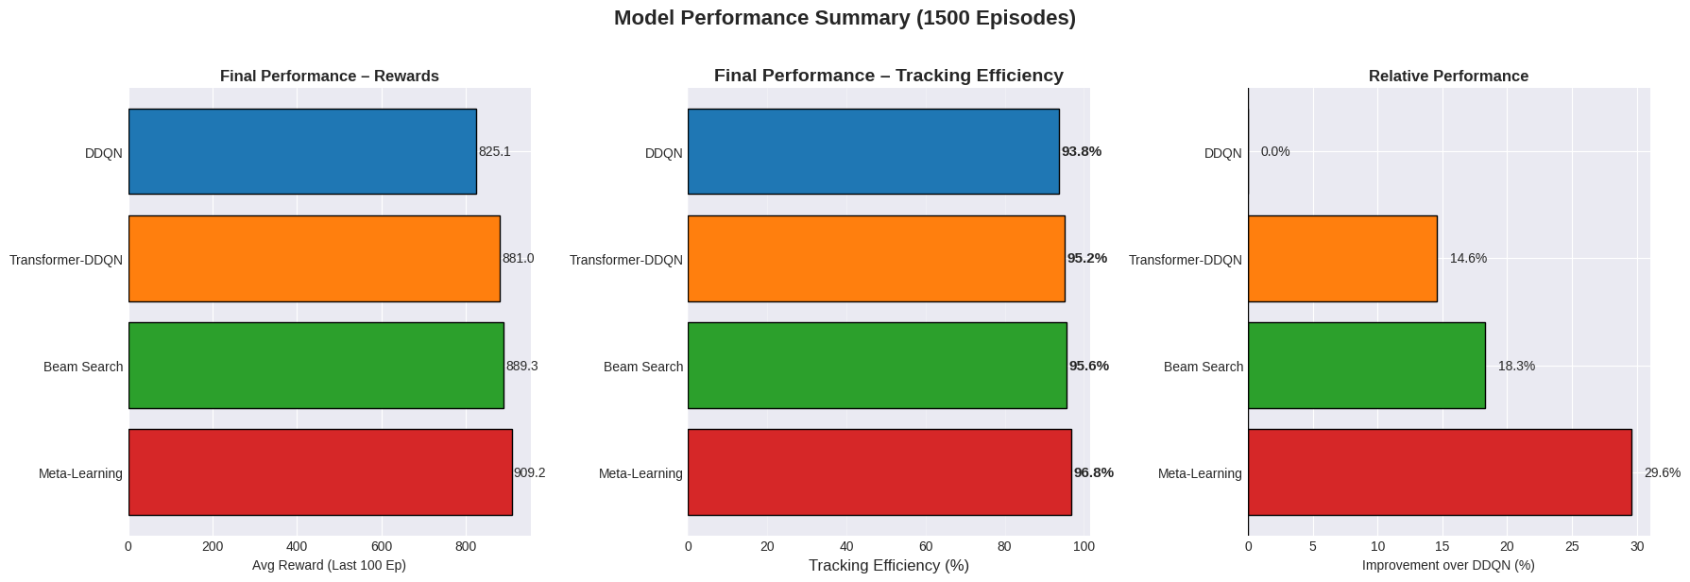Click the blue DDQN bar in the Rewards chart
(x=302, y=151)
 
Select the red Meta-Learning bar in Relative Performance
(x=1439, y=472)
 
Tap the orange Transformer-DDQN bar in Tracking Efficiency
(x=876, y=259)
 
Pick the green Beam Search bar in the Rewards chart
(x=316, y=366)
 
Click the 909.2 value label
(x=529, y=472)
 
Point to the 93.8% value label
(x=1081, y=151)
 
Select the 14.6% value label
(x=1468, y=259)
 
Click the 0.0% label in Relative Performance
(x=1274, y=151)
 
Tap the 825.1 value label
(x=494, y=151)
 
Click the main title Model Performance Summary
(x=845, y=18)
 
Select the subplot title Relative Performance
(x=1448, y=77)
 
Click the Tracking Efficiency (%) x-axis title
(x=888, y=566)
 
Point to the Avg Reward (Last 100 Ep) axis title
(x=329, y=566)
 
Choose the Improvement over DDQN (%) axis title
(x=1448, y=566)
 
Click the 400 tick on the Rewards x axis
(x=297, y=546)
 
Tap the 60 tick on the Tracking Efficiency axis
(x=925, y=546)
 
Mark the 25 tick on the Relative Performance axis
(x=1572, y=546)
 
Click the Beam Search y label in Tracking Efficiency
(x=642, y=367)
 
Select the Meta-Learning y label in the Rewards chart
(x=80, y=473)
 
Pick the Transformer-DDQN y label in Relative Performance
(x=1185, y=260)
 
